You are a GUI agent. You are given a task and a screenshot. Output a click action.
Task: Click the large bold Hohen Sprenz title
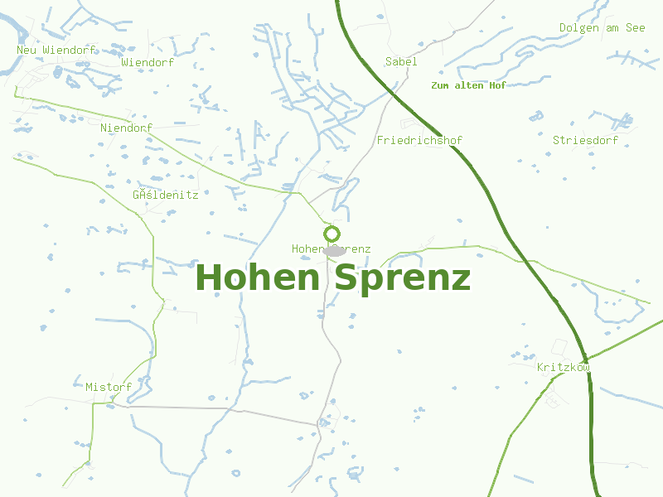332,277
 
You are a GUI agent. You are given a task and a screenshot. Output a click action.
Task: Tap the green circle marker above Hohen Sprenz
332,234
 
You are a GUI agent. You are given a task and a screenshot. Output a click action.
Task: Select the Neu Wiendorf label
52,50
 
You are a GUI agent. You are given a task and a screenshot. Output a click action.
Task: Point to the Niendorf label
126,128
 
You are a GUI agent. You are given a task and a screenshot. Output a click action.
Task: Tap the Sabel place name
401,62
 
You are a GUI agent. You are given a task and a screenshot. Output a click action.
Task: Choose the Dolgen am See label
602,28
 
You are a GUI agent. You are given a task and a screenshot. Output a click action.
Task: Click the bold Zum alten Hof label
468,85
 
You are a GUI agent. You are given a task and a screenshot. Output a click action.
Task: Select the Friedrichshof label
419,141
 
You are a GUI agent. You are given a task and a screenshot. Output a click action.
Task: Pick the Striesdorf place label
585,141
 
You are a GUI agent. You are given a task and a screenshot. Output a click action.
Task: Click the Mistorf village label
109,387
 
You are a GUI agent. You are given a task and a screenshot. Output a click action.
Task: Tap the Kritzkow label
564,367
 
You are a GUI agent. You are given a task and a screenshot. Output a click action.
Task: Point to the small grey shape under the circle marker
334,250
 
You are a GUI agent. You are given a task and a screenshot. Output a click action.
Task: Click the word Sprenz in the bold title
403,277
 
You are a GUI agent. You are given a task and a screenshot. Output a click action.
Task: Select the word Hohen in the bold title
258,277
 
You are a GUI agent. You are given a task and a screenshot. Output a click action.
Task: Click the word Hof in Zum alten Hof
497,85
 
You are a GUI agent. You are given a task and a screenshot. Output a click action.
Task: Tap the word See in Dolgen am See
635,28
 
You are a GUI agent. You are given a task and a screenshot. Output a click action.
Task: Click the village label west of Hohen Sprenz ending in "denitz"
165,195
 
